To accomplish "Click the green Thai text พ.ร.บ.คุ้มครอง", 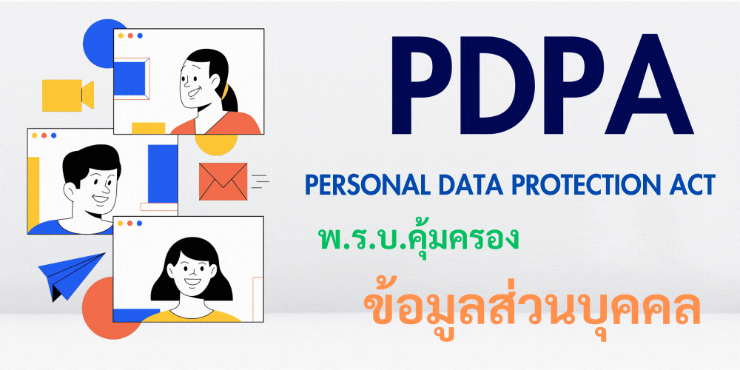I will pyautogui.click(x=415, y=239).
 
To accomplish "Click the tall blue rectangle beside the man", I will pyautogui.click(x=162, y=173).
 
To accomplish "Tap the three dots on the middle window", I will pyautogui.click(x=44, y=136).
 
